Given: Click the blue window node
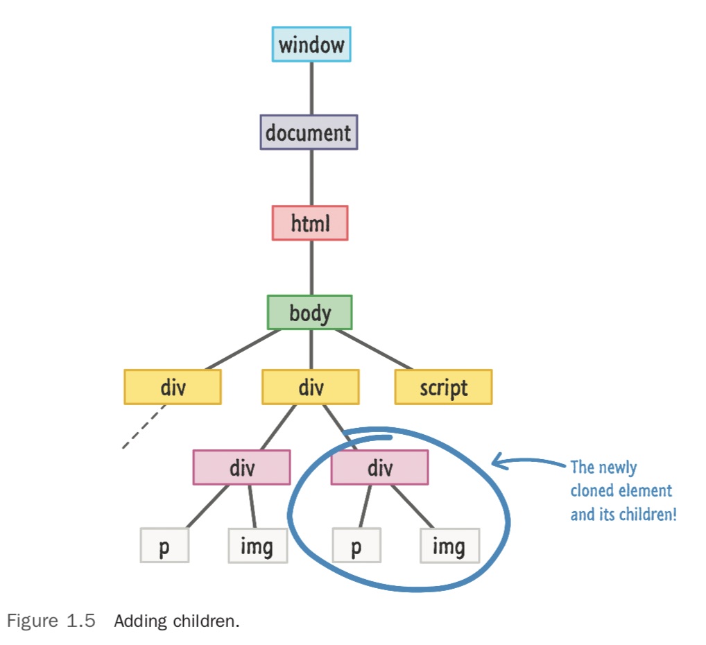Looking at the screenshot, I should tap(311, 44).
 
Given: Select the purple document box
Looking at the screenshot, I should tap(309, 132).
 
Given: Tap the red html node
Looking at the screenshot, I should tap(310, 223).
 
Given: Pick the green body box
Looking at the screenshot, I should tap(310, 313).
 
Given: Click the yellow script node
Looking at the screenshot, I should tap(443, 387).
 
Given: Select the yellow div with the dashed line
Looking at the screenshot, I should tap(173, 387).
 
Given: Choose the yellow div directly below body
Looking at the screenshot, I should tap(311, 387).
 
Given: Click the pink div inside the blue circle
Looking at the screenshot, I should tap(379, 468).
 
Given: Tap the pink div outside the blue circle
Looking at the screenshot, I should tap(241, 468).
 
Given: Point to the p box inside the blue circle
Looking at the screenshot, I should tap(356, 546).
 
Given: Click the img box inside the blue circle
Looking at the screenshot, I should tap(449, 546).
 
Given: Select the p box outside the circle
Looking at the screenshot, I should tap(164, 546).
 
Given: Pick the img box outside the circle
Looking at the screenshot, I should tap(257, 546).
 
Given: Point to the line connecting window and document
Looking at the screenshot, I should tap(311, 88).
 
